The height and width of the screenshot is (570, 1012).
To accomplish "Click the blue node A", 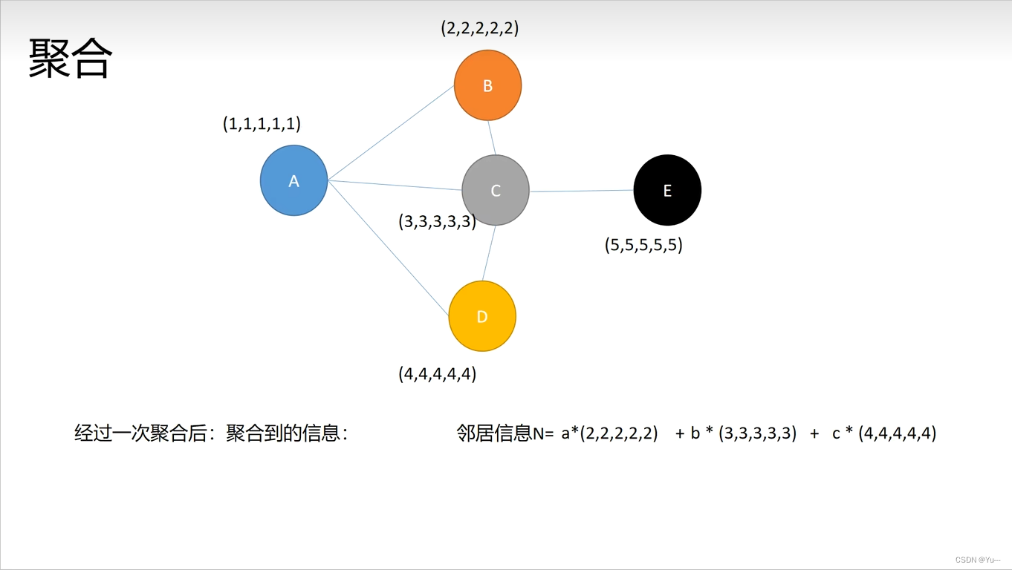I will click(294, 180).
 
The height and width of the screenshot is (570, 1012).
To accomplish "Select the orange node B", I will click(487, 85).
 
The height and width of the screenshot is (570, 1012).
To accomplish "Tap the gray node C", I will click(496, 191).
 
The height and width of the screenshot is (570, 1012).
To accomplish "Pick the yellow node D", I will click(482, 317).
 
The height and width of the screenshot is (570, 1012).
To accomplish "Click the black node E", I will click(667, 190).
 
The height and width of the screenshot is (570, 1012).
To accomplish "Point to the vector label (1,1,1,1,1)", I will click(262, 124).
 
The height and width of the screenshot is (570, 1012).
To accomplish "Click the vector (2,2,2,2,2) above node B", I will click(480, 28).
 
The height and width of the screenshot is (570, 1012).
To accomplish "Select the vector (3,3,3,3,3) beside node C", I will click(437, 221).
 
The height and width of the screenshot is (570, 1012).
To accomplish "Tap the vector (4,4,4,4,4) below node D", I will click(437, 373).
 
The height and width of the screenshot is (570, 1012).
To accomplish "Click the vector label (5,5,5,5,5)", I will click(643, 245).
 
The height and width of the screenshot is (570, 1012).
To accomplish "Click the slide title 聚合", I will click(71, 58).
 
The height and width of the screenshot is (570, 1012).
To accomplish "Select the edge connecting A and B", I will click(391, 133).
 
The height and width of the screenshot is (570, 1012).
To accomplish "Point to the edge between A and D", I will click(388, 248).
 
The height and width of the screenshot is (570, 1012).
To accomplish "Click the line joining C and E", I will click(581, 191).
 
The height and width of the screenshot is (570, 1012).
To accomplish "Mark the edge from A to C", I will click(395, 186).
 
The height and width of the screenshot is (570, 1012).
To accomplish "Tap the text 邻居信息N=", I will click(505, 433).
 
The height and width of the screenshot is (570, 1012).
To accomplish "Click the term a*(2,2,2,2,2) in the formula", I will click(609, 433).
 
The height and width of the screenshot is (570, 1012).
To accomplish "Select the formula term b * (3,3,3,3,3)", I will click(743, 433).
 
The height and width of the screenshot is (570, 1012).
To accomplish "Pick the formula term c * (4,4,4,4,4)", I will click(884, 433).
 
